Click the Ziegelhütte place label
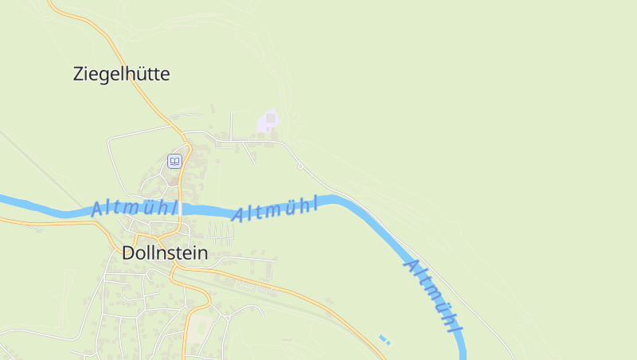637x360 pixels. [x=121, y=75]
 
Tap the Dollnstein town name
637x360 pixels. [x=165, y=253]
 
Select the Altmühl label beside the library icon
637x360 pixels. [x=134, y=208]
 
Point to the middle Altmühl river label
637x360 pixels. [x=275, y=209]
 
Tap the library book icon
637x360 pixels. [x=174, y=162]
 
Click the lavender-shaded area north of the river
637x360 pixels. [x=268, y=122]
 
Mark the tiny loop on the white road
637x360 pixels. [x=300, y=166]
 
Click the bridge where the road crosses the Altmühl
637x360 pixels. [x=182, y=209]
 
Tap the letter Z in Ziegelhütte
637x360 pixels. [x=79, y=75]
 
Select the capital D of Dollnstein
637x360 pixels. [x=129, y=253]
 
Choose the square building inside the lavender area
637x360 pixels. [x=271, y=119]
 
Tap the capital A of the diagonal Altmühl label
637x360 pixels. [x=412, y=264]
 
